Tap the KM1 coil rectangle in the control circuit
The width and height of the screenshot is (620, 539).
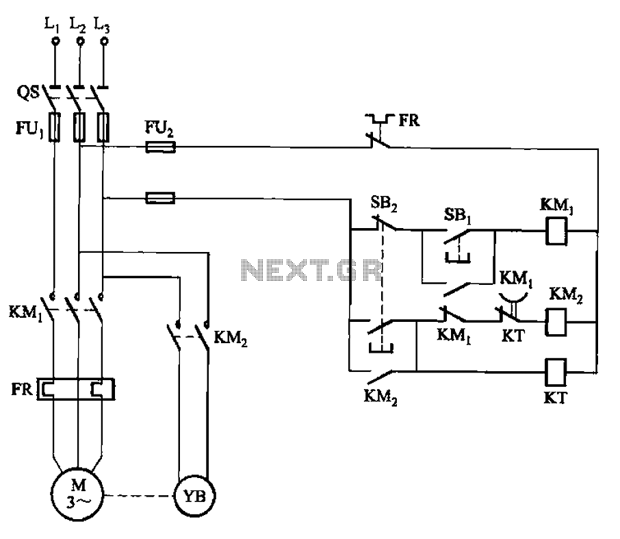[x=556, y=231]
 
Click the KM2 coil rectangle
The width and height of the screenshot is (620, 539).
[x=556, y=322]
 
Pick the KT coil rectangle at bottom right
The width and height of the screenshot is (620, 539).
[x=556, y=372]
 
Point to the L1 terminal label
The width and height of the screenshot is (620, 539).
[x=52, y=25]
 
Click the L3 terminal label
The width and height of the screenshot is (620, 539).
[x=101, y=25]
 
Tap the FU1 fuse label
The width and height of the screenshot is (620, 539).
[x=29, y=129]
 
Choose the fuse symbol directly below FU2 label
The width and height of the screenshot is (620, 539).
[x=161, y=147]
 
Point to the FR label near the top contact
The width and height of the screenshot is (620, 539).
[x=409, y=120]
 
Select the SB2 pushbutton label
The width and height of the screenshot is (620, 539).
[x=383, y=204]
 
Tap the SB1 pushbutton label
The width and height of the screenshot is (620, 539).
[x=458, y=216]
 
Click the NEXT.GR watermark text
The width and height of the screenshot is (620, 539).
[x=311, y=271]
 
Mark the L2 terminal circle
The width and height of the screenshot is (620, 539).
[x=80, y=41]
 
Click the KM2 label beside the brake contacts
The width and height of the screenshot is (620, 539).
[x=230, y=339]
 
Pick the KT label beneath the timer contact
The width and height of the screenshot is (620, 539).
[x=513, y=336]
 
